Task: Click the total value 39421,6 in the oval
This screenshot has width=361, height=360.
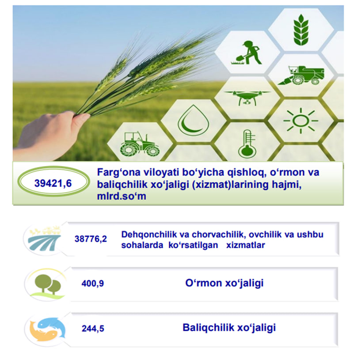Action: (x=53, y=183)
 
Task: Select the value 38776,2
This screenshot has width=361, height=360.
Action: (x=91, y=239)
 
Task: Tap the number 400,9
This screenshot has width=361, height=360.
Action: (x=92, y=283)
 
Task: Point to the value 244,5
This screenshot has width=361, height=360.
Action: (x=93, y=329)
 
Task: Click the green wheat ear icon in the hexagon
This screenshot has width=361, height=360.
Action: (x=300, y=30)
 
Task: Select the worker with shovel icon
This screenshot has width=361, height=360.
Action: (x=247, y=53)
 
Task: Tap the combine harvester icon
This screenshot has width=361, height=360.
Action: (x=301, y=75)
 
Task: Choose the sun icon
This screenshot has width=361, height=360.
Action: (x=300, y=121)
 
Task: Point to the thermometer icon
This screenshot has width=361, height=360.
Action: (x=247, y=144)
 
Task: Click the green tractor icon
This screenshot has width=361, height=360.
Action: (x=140, y=144)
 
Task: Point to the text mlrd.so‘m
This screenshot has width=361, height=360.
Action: (x=122, y=196)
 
